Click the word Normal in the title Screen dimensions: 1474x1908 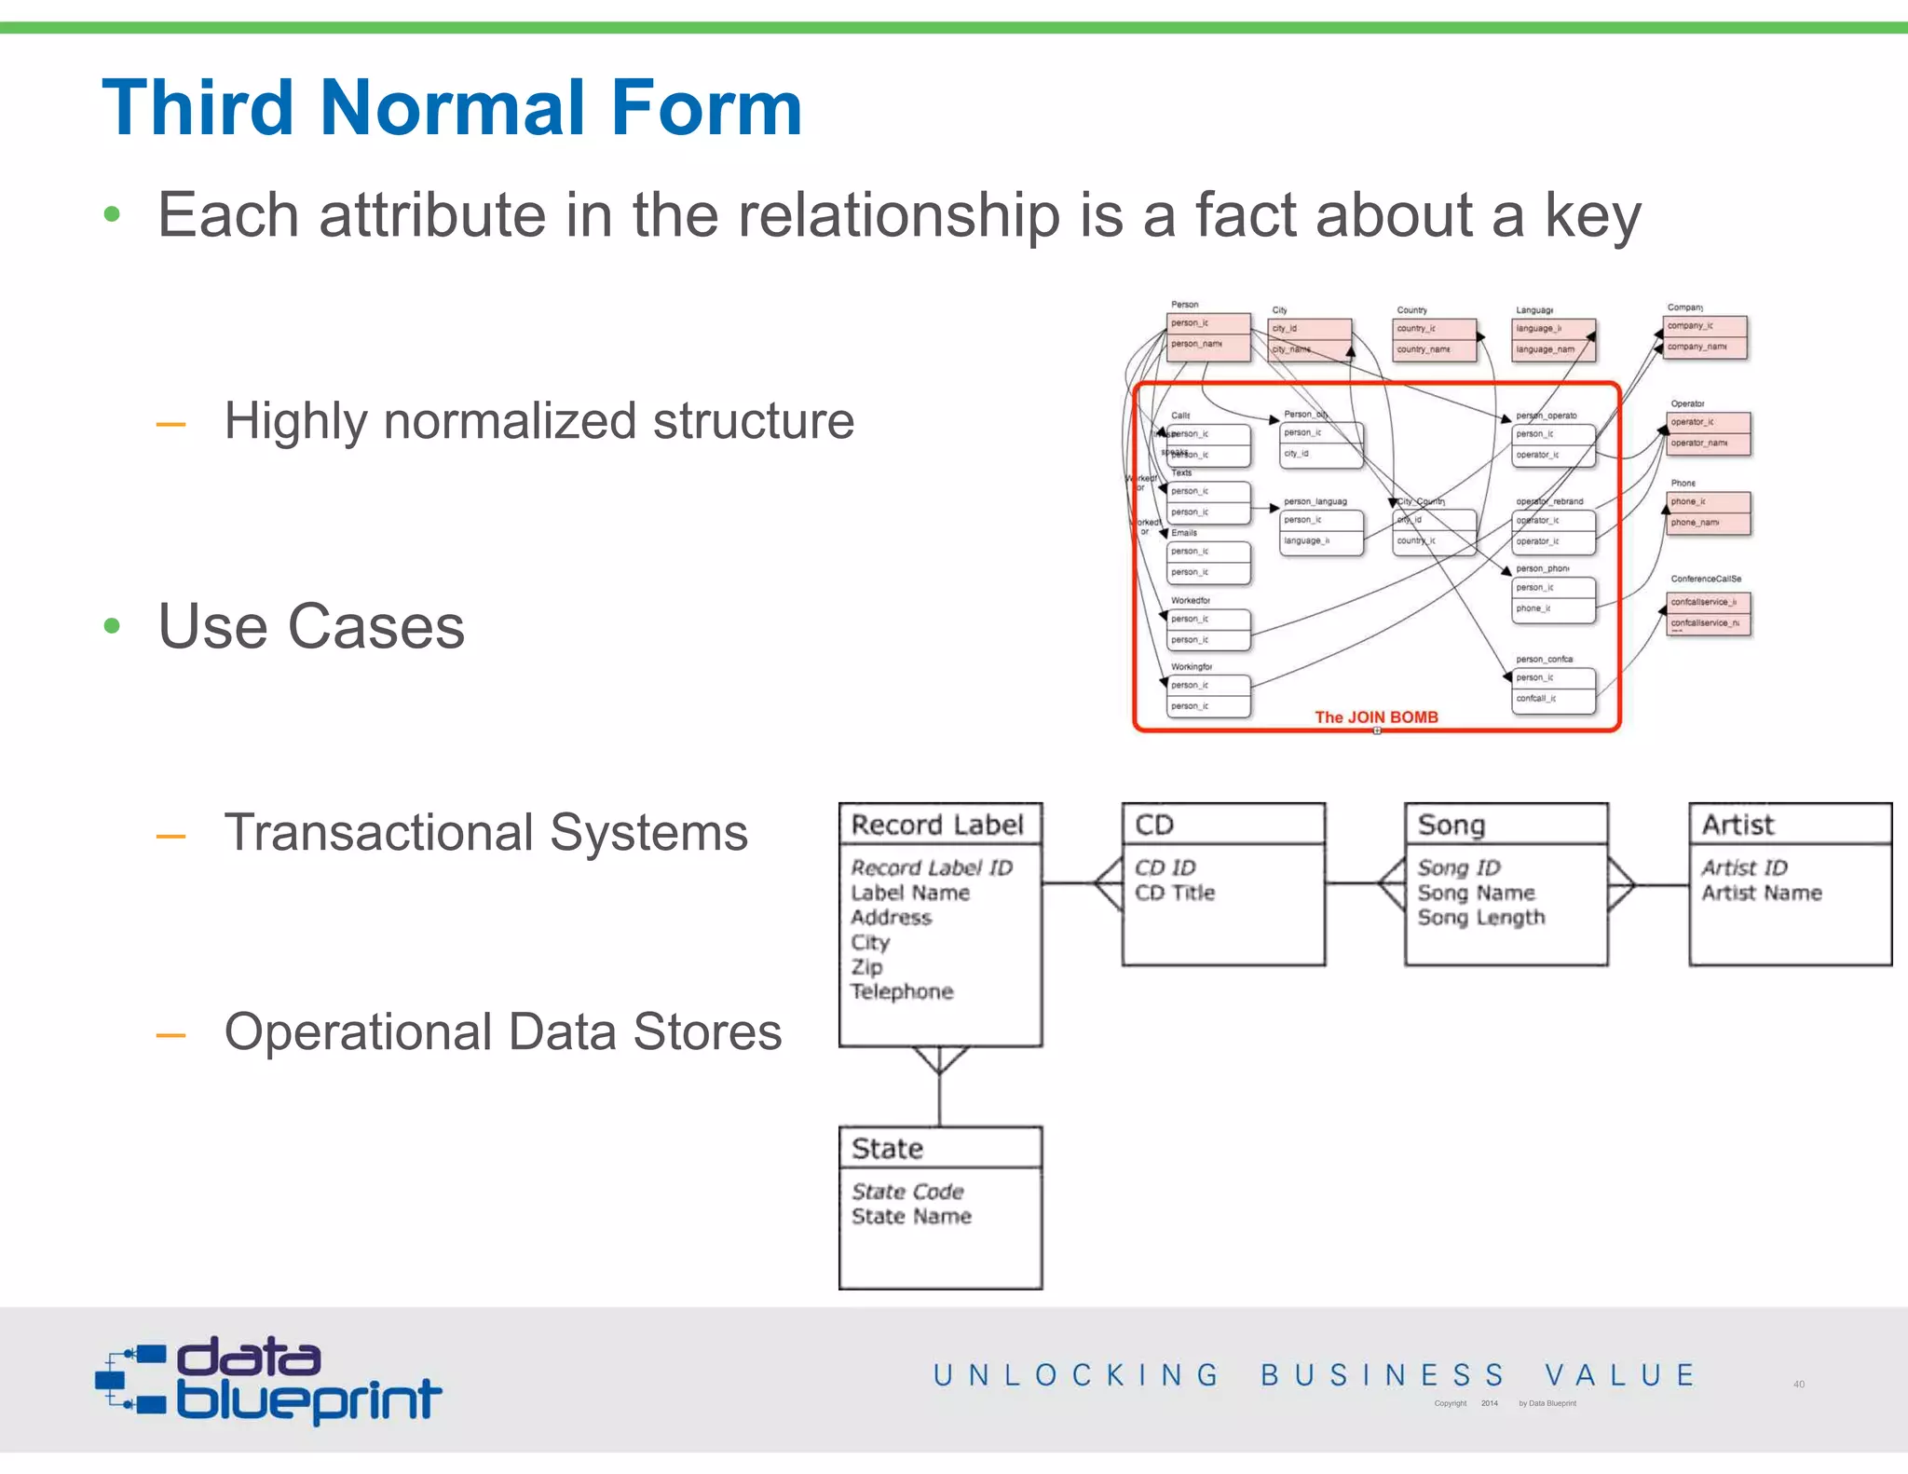tap(452, 108)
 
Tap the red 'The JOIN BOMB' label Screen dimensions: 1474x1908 tap(1375, 717)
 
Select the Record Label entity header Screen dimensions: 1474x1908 tap(939, 825)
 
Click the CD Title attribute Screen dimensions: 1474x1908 tap(1174, 893)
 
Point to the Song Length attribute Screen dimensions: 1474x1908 tap(1480, 918)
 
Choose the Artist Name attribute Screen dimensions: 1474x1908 tap(1761, 893)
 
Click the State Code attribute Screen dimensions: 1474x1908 tap(907, 1191)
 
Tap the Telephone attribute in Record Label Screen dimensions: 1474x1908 tap(902, 991)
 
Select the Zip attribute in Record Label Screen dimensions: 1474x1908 tap(866, 966)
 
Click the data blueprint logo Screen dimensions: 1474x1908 tap(268, 1380)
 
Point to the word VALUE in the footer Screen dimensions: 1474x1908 tap(1619, 1375)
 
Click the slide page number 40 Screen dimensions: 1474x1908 tap(1798, 1385)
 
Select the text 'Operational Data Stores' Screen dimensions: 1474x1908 tap(503, 1032)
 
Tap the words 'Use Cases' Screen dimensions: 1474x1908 tap(311, 626)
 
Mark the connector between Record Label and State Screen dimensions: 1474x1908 tap(939, 1085)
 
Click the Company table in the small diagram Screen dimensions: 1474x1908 tap(1705, 336)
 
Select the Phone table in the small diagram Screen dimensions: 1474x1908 tap(1709, 512)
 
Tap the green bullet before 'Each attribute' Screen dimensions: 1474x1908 tap(113, 215)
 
